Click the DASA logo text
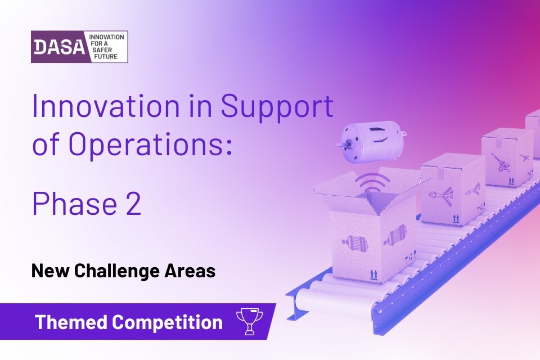59,47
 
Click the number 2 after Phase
132,204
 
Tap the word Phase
75,204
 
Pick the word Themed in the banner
71,322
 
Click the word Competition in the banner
168,323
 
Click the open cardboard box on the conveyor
370,227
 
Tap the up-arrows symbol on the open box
373,275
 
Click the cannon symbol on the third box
501,161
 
